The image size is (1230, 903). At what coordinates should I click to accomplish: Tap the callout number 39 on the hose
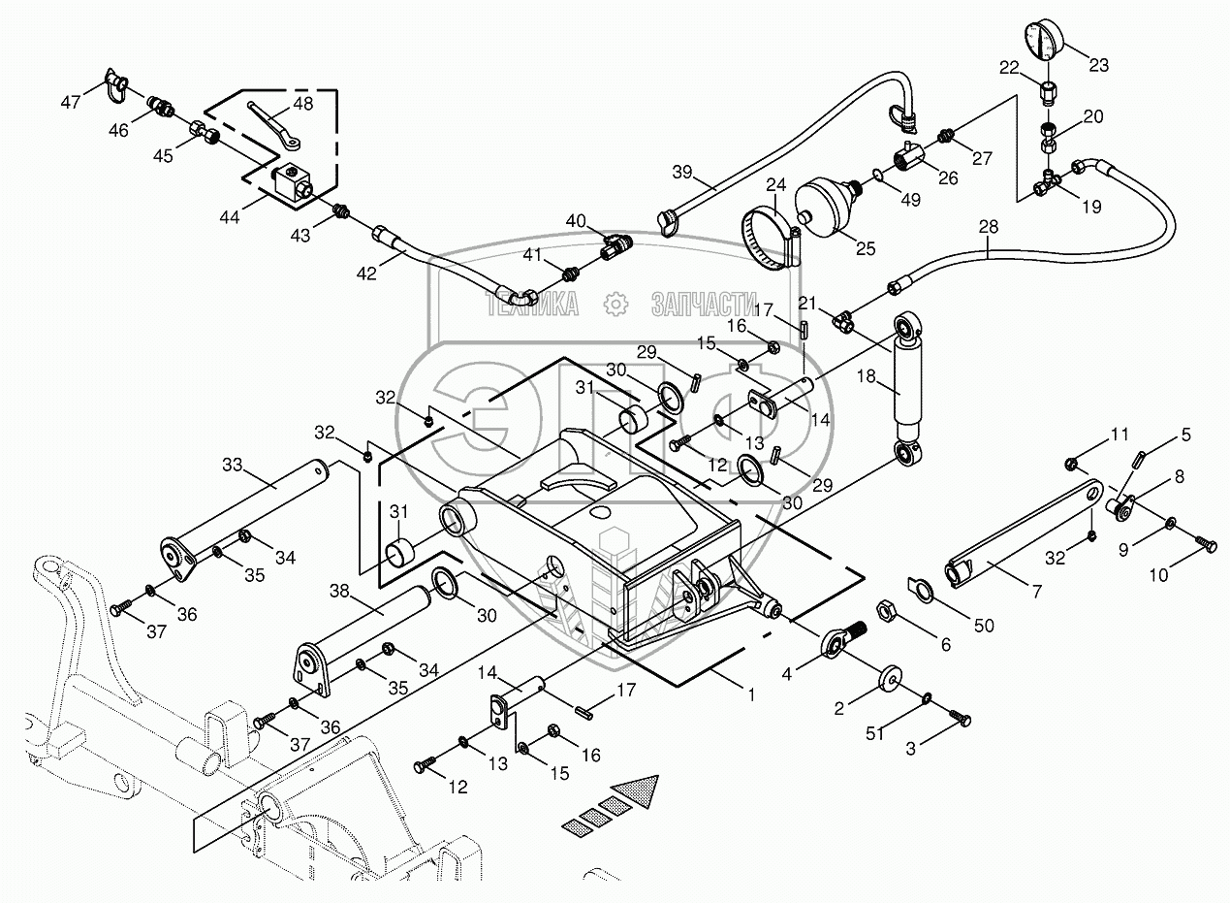(x=682, y=172)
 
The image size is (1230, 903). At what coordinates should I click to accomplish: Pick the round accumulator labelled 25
(x=827, y=205)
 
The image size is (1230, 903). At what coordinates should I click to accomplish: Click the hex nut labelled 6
(x=884, y=612)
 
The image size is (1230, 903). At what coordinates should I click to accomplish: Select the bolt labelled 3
(x=961, y=719)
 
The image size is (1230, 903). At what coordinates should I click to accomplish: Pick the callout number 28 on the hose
(x=987, y=227)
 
